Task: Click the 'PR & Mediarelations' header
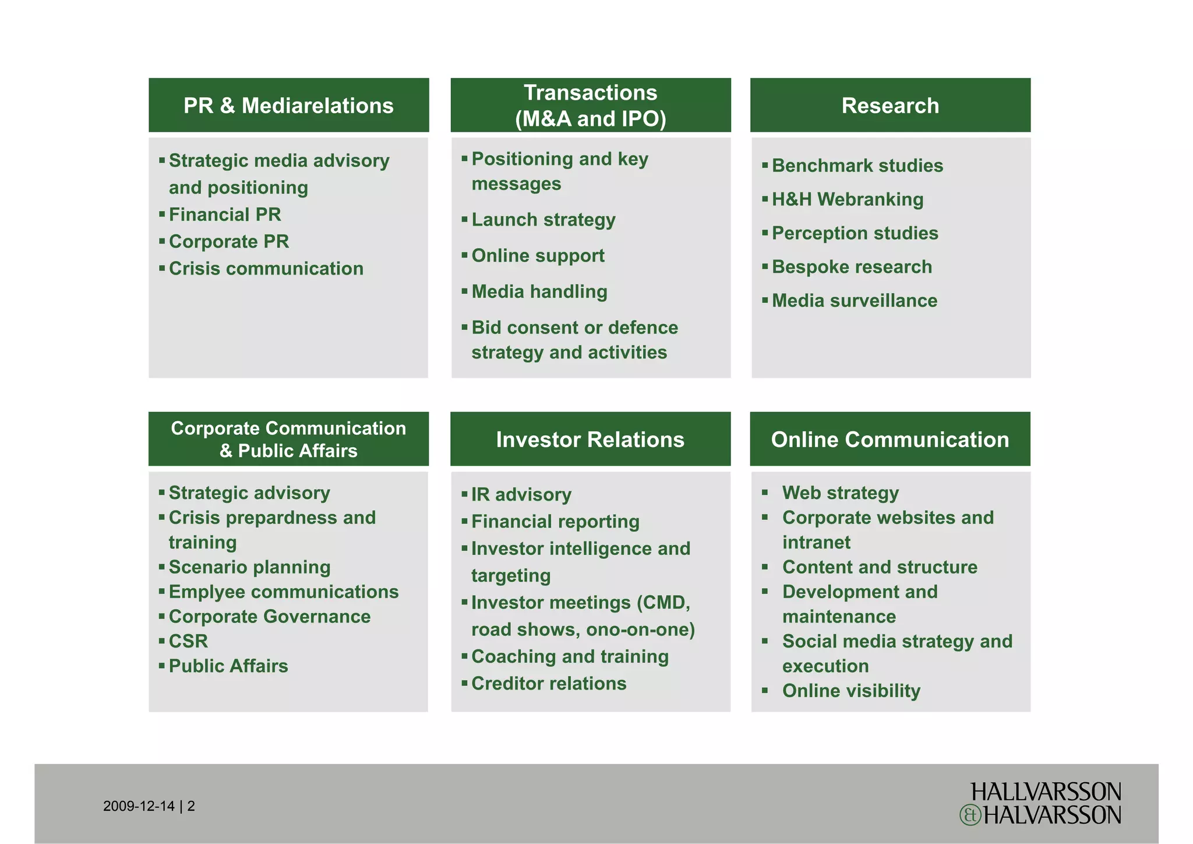click(x=288, y=105)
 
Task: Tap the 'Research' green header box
click(x=890, y=105)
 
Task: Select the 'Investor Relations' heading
click(x=590, y=439)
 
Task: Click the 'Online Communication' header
click(x=890, y=439)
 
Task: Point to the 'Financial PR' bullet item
click(x=225, y=214)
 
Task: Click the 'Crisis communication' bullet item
click(x=266, y=269)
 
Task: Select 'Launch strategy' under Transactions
click(x=543, y=220)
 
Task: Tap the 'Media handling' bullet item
click(x=539, y=291)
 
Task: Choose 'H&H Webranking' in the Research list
click(x=848, y=199)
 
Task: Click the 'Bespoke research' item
click(x=852, y=267)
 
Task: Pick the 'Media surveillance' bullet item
click(x=855, y=301)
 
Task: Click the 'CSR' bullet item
click(x=188, y=641)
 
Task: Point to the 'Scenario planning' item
click(x=249, y=567)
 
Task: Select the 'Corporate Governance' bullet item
click(x=269, y=617)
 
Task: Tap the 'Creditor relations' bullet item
click(x=549, y=683)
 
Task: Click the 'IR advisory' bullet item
click(x=521, y=495)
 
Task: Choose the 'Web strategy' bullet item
click(x=841, y=493)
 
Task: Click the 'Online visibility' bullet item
click(x=851, y=691)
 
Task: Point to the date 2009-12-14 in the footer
click(x=139, y=806)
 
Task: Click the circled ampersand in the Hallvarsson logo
click(x=970, y=815)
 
